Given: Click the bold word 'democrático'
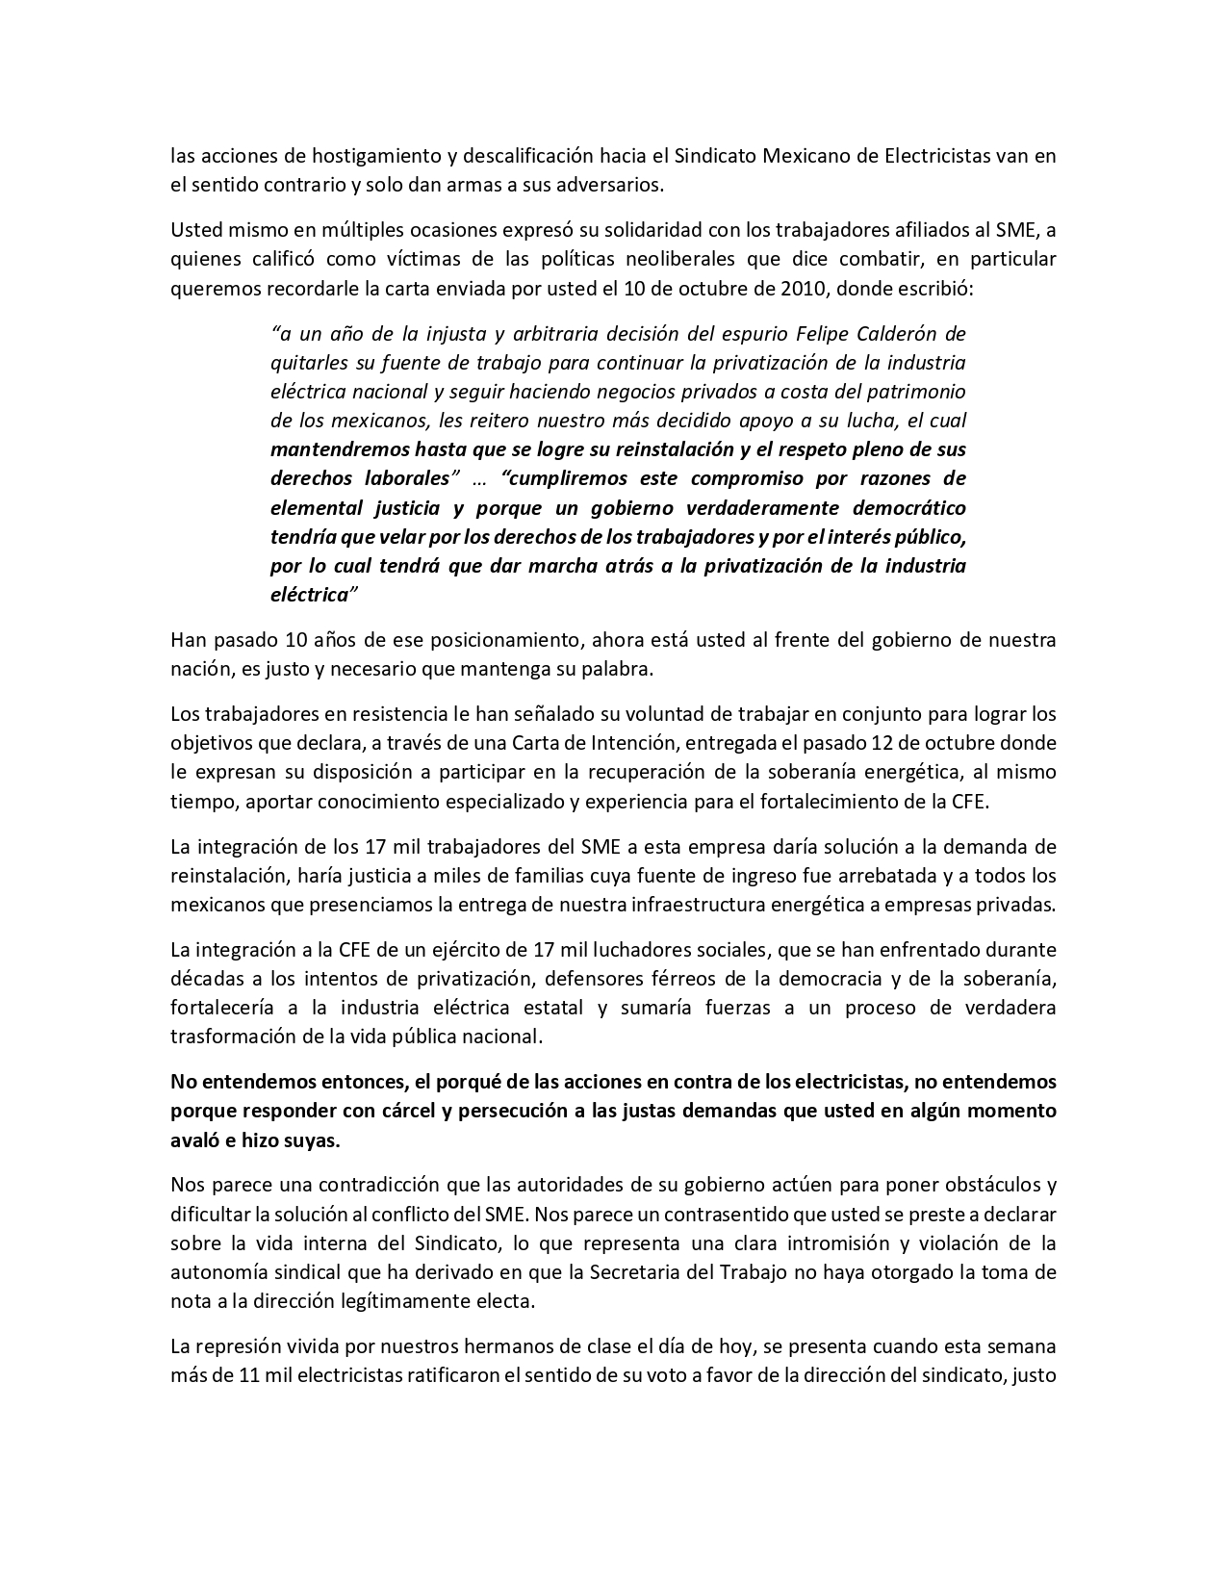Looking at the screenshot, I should pyautogui.click(x=907, y=507).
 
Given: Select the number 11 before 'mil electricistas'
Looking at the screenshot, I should pyautogui.click(x=251, y=1374).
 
